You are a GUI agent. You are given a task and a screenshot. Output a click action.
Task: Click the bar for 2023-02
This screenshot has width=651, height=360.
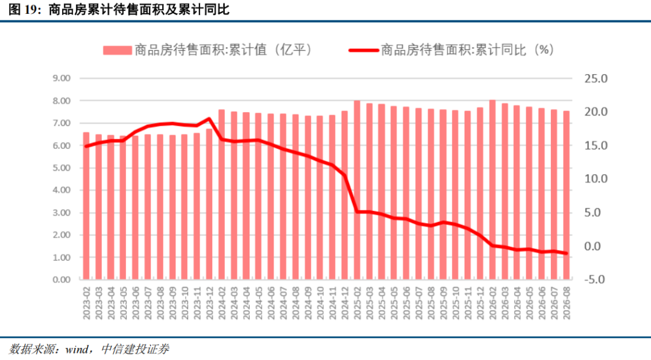[86, 206]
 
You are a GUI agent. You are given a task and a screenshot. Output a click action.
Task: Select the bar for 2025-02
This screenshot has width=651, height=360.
[357, 190]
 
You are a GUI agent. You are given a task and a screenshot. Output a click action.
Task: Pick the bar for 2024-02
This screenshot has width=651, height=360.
[222, 194]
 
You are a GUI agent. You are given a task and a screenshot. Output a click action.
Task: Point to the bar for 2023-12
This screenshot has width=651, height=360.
[209, 204]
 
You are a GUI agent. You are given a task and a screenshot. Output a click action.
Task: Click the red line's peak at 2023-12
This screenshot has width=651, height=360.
[209, 119]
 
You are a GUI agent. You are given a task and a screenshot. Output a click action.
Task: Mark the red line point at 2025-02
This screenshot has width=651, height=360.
[357, 212]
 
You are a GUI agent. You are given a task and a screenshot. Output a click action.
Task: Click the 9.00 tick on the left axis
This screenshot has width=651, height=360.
[61, 78]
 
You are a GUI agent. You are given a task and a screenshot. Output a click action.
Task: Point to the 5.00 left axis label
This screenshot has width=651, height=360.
[61, 168]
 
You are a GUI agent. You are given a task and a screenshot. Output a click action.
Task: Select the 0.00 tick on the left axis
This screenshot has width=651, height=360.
[61, 279]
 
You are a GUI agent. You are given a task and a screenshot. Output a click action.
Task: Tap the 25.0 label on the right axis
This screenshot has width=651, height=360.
[596, 78]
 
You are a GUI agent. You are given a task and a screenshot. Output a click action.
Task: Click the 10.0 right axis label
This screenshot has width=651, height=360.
[596, 178]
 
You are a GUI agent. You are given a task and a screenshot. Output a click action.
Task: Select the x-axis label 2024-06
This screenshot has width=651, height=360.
[271, 303]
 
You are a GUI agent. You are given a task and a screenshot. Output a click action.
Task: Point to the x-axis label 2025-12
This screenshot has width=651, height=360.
[480, 303]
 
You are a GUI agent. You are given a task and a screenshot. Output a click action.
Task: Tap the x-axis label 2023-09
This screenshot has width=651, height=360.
[173, 303]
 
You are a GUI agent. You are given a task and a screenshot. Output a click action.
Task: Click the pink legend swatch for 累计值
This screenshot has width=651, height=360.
[118, 50]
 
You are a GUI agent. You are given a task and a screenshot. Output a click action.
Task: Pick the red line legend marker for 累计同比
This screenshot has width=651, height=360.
[363, 50]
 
